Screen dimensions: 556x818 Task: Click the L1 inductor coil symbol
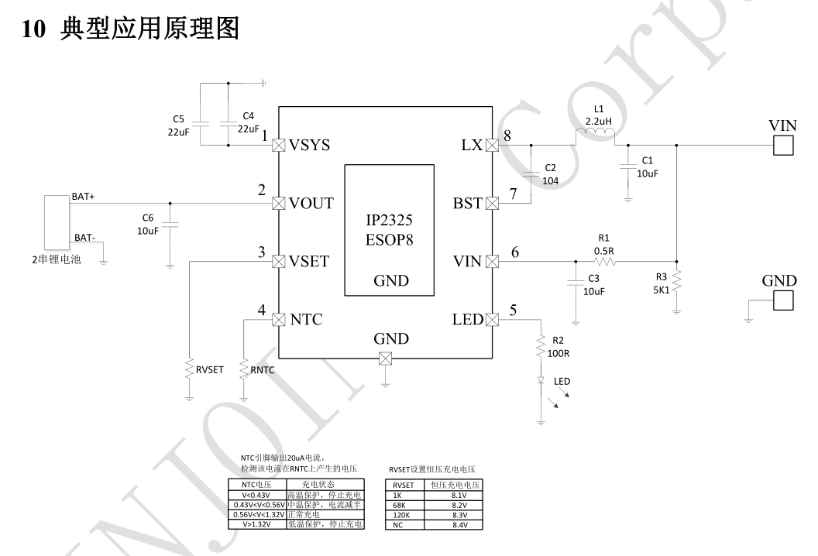595,138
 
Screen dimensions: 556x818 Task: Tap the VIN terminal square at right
783,145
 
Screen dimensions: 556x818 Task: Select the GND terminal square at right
783,300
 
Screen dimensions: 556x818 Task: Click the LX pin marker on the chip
491,145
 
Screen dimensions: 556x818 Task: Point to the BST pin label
468,204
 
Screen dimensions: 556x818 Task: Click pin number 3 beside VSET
262,252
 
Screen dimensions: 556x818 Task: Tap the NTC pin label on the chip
306,320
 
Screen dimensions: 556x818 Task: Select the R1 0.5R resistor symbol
605,262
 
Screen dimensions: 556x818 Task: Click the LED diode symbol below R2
541,381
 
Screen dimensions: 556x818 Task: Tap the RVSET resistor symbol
189,370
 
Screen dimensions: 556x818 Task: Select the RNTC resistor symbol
243,370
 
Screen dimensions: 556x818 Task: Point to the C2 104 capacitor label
551,174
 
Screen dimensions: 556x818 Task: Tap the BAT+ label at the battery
83,197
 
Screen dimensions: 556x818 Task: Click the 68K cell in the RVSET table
400,505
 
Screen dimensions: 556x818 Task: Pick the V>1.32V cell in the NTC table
256,524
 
